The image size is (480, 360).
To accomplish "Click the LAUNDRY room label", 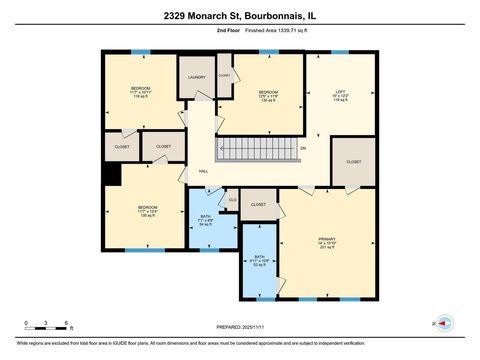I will (x=197, y=77).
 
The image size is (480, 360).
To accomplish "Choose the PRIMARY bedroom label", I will (x=327, y=240).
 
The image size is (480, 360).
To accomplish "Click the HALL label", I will (x=203, y=172).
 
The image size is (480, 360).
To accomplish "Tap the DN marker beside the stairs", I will (x=302, y=149).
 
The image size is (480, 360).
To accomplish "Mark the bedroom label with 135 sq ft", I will (x=147, y=210).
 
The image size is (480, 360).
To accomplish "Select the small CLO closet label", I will (x=232, y=199).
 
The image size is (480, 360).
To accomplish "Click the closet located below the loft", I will (x=354, y=162).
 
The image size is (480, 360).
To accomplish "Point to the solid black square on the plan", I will (x=113, y=174).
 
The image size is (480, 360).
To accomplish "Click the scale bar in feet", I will (x=46, y=329).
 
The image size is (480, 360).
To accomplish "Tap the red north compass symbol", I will (x=444, y=323).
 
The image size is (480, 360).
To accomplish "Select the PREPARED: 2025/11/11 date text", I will (x=239, y=326).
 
